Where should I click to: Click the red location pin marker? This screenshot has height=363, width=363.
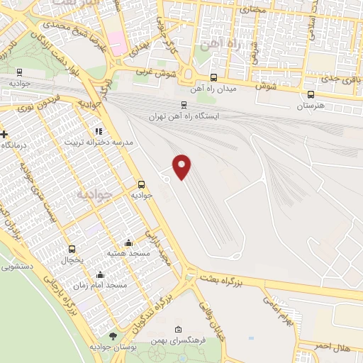tap(182, 166)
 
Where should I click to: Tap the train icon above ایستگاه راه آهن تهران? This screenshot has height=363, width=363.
tap(184, 104)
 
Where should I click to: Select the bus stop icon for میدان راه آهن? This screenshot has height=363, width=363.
tap(213, 78)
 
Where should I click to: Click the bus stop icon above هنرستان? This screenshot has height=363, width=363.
tap(311, 94)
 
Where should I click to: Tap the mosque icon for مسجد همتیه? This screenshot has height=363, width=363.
tap(128, 242)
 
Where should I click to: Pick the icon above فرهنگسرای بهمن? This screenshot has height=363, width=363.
tap(177, 330)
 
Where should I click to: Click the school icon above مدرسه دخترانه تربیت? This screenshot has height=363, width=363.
tap(99, 131)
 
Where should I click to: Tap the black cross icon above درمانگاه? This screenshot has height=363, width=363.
tap(5, 134)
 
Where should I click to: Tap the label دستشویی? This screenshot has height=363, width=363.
tap(17, 267)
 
